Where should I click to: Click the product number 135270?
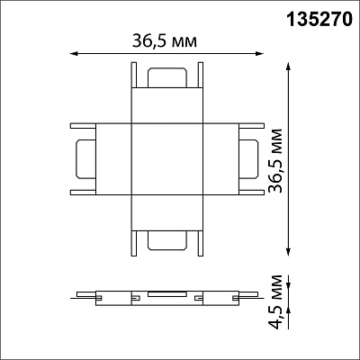(x=319, y=20)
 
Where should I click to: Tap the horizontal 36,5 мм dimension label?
(x=165, y=40)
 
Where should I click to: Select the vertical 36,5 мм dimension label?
(x=275, y=160)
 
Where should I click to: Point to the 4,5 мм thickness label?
(x=275, y=301)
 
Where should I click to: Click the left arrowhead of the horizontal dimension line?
(x=74, y=54)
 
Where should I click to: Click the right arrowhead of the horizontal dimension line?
(x=259, y=54)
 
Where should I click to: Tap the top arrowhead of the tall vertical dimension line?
(x=289, y=67)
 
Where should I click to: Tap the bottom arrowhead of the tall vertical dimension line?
(x=289, y=252)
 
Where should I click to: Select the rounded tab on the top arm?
(x=167, y=77)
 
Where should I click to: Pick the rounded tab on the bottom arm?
(x=167, y=240)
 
